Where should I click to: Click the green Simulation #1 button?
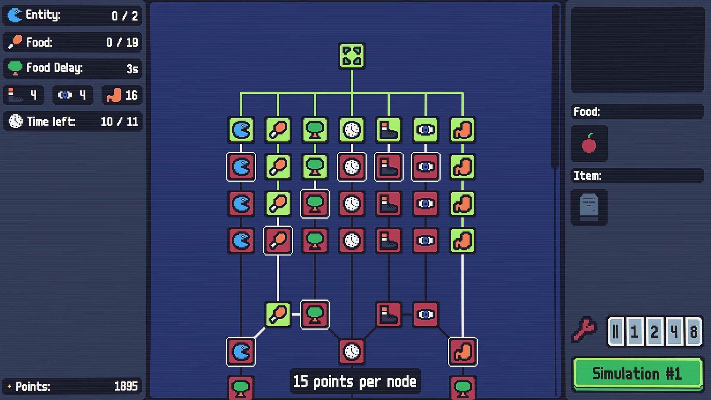coord(638,373)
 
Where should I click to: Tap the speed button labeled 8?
coord(693,331)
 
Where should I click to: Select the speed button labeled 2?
coord(654,331)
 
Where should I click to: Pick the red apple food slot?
coord(589,143)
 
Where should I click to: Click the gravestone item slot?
coord(589,207)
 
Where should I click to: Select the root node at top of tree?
coord(351,56)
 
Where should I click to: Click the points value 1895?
coord(126,386)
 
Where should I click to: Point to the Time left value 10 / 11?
coord(119,121)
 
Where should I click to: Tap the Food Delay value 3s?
coord(132,69)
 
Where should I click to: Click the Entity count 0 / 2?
coord(125,16)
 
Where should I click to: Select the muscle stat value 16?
coord(131,95)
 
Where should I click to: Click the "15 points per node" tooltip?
coord(355,381)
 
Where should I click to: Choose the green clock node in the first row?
coord(351,130)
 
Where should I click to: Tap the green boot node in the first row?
coord(388,130)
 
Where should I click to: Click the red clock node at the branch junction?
coord(351,351)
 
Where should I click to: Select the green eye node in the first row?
coord(425,130)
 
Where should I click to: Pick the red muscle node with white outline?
coord(463,351)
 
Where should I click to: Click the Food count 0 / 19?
coord(122,42)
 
